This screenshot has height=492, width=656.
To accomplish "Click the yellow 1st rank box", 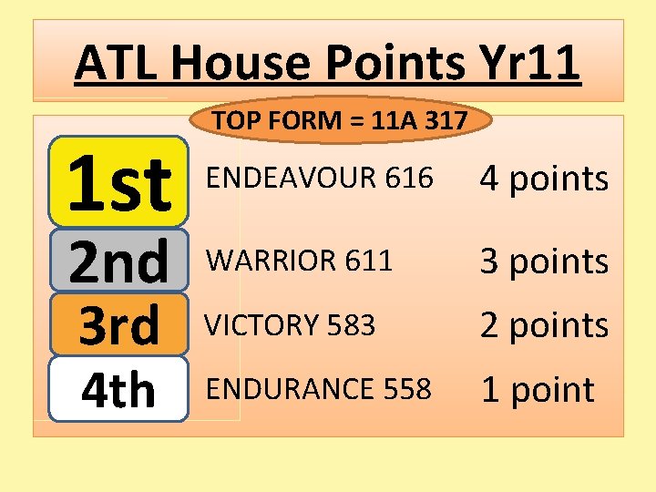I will coord(118,181).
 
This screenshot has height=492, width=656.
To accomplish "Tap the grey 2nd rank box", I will coord(118,260).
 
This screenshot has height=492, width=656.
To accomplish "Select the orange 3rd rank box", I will coord(118,324).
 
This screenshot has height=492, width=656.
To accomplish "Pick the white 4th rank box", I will coord(118,389).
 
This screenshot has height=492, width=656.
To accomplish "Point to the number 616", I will coord(409,179).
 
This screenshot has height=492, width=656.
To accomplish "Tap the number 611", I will coord(369,261).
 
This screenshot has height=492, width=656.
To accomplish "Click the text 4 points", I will coord(544,179).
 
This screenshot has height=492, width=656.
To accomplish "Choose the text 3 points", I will coord(544,261).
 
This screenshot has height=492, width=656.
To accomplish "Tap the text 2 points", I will coord(544,325).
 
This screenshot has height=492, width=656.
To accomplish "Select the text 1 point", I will coord(537,390).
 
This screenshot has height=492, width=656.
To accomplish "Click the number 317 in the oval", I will coord(446,119).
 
